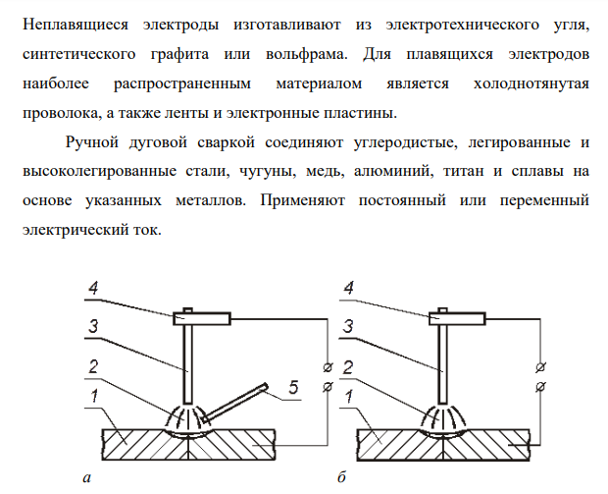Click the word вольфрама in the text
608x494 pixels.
[306, 54]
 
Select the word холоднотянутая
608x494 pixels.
[532, 83]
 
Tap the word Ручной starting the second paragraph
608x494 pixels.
[92, 142]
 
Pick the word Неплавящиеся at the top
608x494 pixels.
[76, 25]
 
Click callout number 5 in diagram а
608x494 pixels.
[293, 387]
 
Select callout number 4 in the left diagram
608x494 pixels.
[93, 288]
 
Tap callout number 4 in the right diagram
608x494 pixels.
[348, 288]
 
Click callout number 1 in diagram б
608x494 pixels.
[349, 396]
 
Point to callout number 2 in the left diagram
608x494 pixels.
[93, 366]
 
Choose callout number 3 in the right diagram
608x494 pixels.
[348, 326]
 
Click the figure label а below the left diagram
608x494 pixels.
[87, 477]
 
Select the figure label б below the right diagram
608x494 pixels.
[341, 476]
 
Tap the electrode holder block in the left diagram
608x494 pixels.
[202, 319]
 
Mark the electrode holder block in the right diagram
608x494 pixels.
[457, 319]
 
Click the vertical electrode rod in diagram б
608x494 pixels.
[443, 364]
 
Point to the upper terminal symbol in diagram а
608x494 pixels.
[329, 367]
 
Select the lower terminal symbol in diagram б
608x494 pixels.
[541, 387]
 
